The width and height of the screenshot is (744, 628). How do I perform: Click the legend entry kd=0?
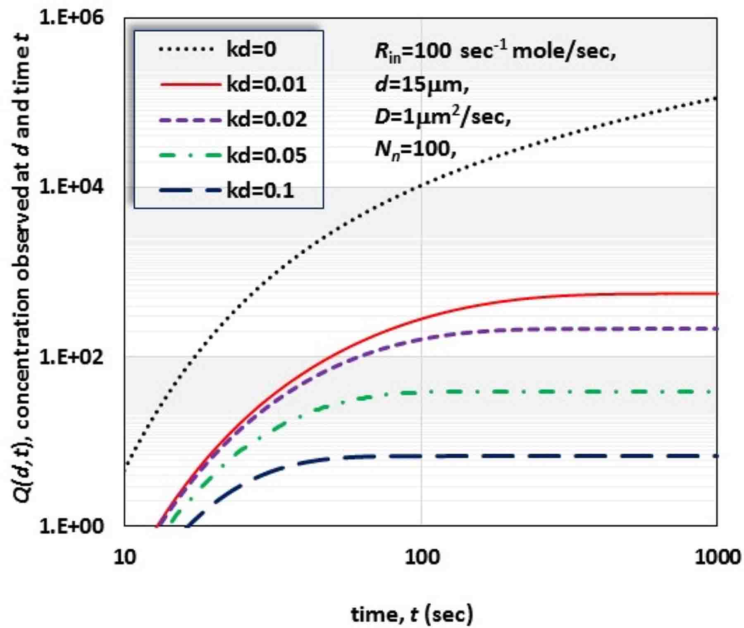(x=251, y=50)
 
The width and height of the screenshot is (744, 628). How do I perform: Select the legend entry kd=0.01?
(x=266, y=85)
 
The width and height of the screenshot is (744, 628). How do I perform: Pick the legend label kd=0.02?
(x=266, y=120)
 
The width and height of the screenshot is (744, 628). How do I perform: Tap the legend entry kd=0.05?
(x=266, y=156)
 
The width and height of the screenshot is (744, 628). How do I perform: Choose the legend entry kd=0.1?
(x=260, y=191)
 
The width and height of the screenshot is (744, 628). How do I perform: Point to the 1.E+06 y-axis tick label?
(x=72, y=19)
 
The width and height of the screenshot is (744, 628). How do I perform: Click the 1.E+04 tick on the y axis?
(x=72, y=187)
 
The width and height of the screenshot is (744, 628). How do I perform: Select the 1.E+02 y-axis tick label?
(x=72, y=357)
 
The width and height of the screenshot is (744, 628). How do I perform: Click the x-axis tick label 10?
(x=124, y=558)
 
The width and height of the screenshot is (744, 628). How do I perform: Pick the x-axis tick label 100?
(x=422, y=558)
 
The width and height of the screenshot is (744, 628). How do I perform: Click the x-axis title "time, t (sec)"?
(x=412, y=614)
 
